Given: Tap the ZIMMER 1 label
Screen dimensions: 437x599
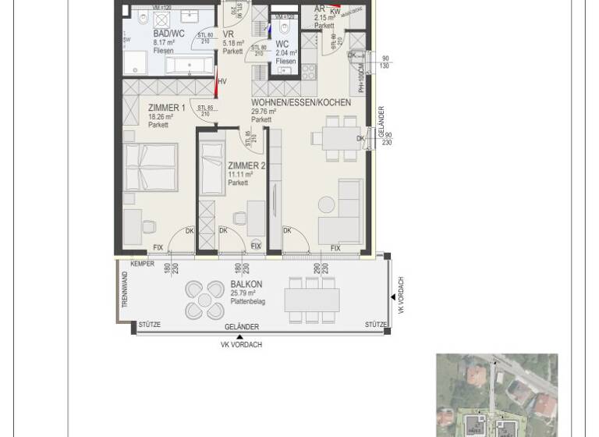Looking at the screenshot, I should coord(166,108).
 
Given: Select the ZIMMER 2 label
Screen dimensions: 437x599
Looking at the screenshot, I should coord(246,165).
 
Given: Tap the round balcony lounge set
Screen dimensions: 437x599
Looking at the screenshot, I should coord(204,299).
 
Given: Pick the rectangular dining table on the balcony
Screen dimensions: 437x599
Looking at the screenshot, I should coord(312,300).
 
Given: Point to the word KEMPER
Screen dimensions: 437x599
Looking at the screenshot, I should coord(142,265).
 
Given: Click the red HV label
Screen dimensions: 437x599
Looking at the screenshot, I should coord(222,81).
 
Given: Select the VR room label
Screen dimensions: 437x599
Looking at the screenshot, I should coord(229,34).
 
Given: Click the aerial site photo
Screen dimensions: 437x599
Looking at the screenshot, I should coord(497,395).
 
